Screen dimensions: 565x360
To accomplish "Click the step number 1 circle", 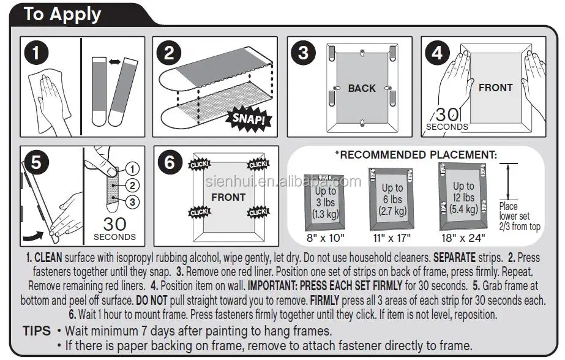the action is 36,53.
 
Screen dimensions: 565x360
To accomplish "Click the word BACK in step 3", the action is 362,88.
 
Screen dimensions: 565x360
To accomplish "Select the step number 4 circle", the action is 437,53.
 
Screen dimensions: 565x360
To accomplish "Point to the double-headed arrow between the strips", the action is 115,62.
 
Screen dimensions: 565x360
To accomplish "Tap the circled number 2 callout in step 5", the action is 132,186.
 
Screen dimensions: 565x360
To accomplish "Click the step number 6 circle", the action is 170,162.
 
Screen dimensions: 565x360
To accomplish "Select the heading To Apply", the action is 62,15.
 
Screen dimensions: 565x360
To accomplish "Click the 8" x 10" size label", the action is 326,238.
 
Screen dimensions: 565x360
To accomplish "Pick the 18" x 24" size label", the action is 463,238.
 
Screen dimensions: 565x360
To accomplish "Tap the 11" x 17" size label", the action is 392,238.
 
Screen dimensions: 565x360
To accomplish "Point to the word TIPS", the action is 37,331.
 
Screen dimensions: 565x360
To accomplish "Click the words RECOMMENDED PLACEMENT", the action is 418,155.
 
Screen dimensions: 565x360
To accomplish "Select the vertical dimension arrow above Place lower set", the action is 508,182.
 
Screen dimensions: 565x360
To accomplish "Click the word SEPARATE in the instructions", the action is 454,258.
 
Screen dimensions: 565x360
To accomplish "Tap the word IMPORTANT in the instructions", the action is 272,286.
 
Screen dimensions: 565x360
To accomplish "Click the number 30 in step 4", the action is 447,115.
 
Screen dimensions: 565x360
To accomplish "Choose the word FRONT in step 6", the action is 228,198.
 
